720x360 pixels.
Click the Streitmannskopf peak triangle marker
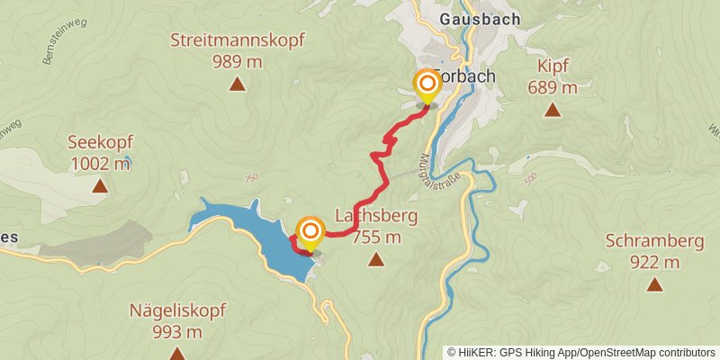click(237, 85)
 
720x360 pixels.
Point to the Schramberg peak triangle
click(654, 284)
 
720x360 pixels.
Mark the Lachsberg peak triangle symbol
click(375, 260)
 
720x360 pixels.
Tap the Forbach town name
click(464, 76)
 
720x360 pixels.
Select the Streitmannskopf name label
click(238, 40)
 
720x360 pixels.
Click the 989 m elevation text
click(238, 61)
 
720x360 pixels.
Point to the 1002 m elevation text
click(99, 164)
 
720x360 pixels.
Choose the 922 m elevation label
click(654, 262)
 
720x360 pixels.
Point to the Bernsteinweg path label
click(56, 49)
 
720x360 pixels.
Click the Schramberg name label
click(653, 241)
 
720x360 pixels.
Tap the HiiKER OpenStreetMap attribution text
click(580, 352)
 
